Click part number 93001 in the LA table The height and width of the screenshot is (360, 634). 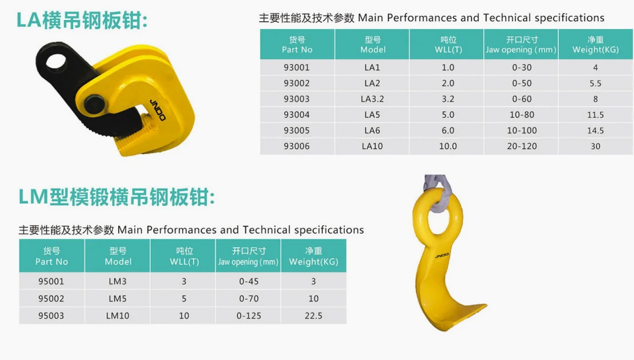pyautogui.click(x=296, y=67)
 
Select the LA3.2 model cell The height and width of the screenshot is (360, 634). pyautogui.click(x=372, y=99)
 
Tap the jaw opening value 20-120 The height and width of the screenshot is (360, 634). pyautogui.click(x=522, y=146)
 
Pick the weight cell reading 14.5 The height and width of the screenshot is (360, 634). pyautogui.click(x=596, y=130)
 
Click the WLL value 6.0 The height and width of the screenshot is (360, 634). pyautogui.click(x=448, y=130)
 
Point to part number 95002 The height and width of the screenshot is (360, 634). pyautogui.click(x=51, y=299)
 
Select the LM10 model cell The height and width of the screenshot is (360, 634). pyautogui.click(x=118, y=316)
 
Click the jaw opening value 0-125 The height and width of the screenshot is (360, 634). pyautogui.click(x=249, y=316)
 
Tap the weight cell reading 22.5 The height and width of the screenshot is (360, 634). pyautogui.click(x=314, y=316)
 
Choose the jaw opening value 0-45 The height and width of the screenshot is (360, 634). pyautogui.click(x=249, y=281)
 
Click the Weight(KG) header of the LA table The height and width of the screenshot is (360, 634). pyautogui.click(x=596, y=45)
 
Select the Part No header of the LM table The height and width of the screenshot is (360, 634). pyautogui.click(x=52, y=256)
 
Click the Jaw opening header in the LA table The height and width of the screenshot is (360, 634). pyautogui.click(x=521, y=45)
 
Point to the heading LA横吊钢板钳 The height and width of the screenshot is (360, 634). pyautogui.click(x=82, y=21)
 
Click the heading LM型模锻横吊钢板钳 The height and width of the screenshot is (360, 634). pyautogui.click(x=117, y=198)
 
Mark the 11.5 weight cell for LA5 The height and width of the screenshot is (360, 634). pyautogui.click(x=596, y=115)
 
